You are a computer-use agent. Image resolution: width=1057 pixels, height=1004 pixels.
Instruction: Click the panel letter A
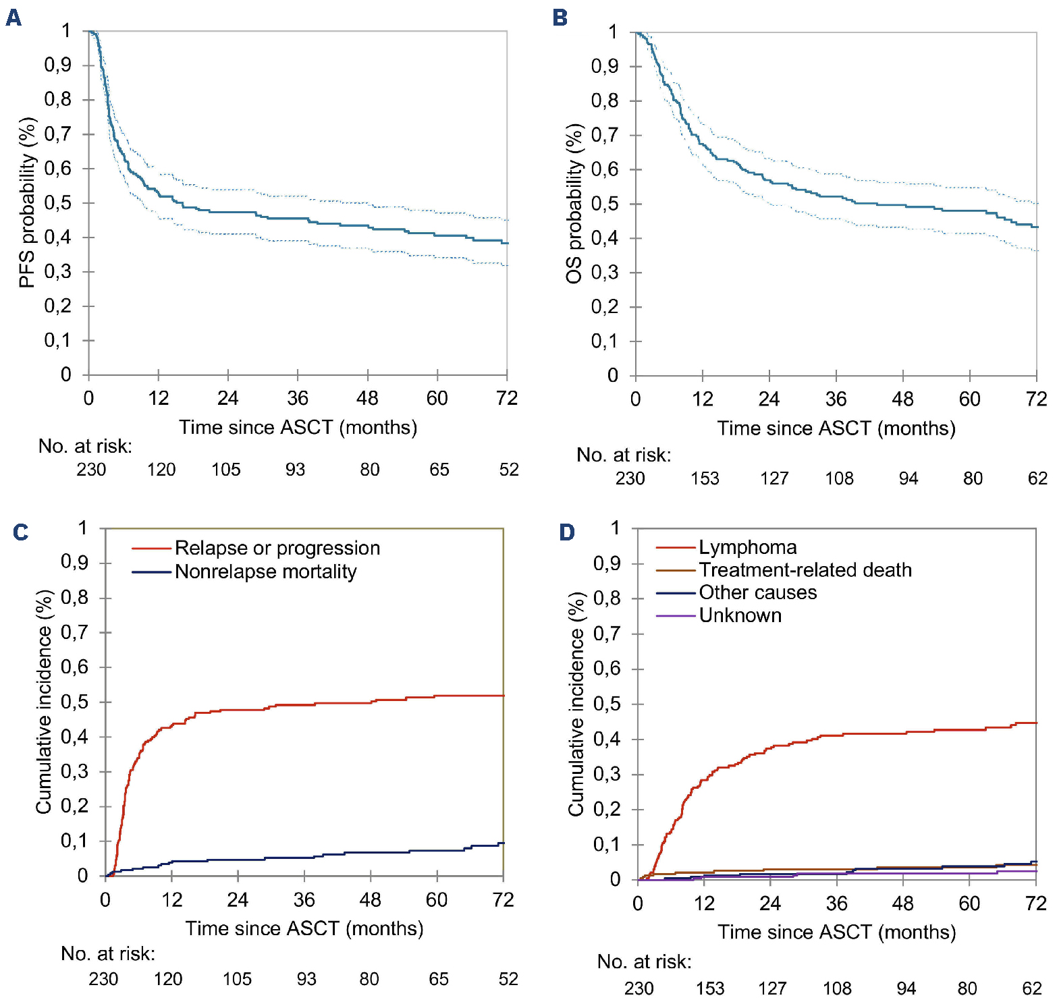click(13, 18)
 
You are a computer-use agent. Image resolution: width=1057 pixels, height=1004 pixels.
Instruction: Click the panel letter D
click(567, 532)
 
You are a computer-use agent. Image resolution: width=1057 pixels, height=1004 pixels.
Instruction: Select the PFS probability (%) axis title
click(27, 202)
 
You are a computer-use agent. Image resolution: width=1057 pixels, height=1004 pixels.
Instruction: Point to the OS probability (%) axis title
click(574, 204)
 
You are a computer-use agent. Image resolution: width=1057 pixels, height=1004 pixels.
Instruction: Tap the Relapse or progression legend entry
click(277, 548)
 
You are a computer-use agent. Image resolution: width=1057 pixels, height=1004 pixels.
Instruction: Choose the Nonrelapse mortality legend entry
click(265, 571)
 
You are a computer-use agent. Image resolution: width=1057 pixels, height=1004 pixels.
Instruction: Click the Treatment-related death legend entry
click(805, 570)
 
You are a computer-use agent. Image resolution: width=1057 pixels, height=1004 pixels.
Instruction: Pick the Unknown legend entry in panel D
click(740, 615)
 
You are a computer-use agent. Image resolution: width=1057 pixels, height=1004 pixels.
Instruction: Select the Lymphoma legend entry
click(747, 547)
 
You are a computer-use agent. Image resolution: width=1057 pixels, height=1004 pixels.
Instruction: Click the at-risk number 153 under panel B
click(705, 478)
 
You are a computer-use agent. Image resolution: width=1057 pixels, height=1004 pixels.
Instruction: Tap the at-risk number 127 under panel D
click(772, 988)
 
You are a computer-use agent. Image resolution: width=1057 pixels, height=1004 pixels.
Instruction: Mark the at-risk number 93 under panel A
click(295, 470)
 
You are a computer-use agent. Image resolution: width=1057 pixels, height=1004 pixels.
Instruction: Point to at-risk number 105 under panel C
click(237, 979)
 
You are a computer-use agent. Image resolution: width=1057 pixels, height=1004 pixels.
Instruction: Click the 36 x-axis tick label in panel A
click(298, 398)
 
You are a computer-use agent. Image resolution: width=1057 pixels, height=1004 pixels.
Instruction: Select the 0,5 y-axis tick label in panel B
click(605, 204)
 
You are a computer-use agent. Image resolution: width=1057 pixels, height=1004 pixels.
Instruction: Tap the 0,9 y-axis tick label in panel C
click(74, 563)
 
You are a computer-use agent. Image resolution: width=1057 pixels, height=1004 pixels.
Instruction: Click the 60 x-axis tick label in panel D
click(969, 903)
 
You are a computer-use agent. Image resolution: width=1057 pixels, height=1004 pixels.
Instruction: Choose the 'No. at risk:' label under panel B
click(624, 455)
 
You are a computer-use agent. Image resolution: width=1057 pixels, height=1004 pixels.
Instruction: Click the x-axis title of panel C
click(304, 929)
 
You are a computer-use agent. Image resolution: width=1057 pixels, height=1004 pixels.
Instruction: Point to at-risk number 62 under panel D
click(1032, 988)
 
